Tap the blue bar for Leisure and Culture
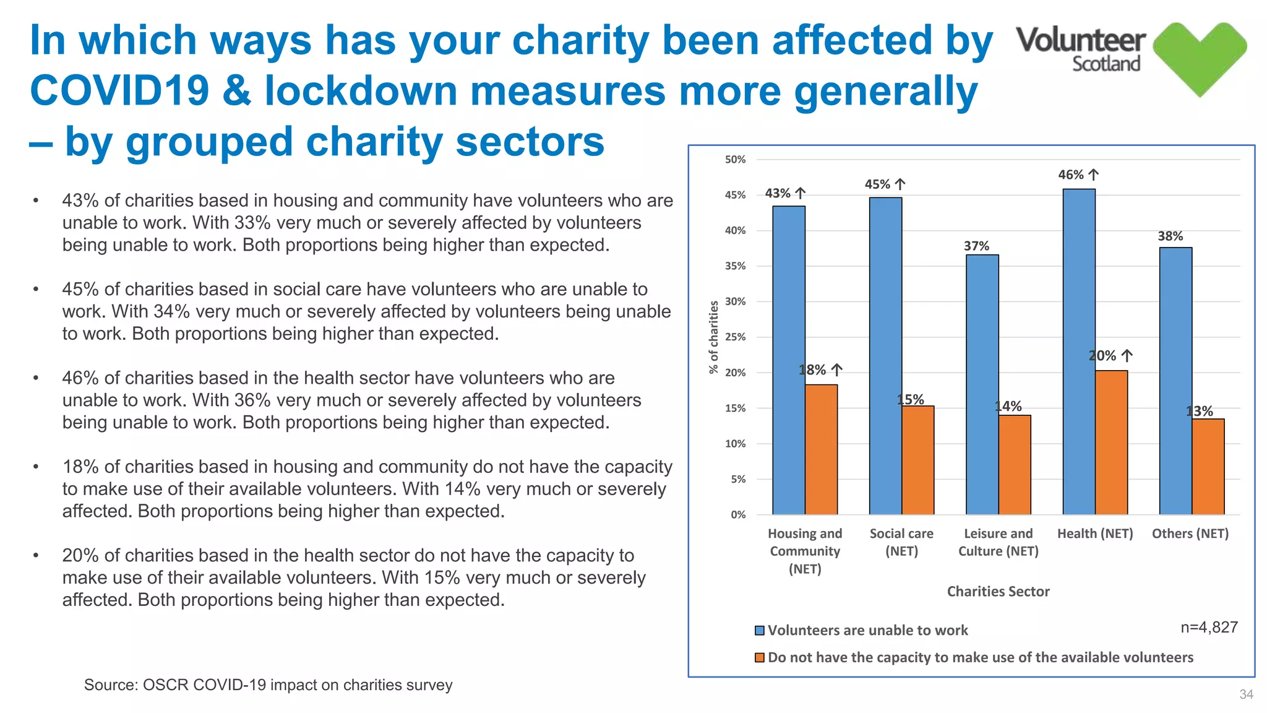pos(982,384)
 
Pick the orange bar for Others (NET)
pos(1208,467)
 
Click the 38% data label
pos(1170,236)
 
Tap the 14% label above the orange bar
pos(1008,407)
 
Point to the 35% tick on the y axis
pos(735,266)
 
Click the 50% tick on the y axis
pos(735,160)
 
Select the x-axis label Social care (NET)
pos(901,542)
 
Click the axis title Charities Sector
pos(998,592)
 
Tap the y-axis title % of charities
pos(714,337)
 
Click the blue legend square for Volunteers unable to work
pos(760,631)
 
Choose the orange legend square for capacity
pos(760,658)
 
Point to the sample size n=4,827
pos(1209,628)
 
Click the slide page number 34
pos(1246,694)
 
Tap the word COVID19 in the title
pos(119,91)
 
